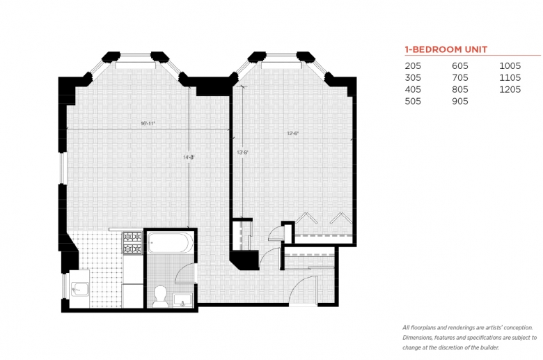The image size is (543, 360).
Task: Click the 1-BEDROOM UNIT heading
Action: point(446,49)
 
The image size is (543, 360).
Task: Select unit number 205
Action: point(413,66)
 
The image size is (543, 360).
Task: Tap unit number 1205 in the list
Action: point(510,89)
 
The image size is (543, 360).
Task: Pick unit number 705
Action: point(460,77)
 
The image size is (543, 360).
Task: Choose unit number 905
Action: point(460,101)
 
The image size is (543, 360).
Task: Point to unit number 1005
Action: point(510,66)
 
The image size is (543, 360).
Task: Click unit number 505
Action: point(413,101)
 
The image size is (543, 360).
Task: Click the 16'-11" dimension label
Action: point(148,123)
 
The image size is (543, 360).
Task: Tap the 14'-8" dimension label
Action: point(189,157)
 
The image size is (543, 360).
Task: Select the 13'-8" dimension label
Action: point(242,152)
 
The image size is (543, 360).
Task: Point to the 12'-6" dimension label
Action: point(292,133)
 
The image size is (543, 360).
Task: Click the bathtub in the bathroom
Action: point(171,242)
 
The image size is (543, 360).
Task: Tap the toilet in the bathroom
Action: point(160,295)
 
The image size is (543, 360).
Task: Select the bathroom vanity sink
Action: point(182,300)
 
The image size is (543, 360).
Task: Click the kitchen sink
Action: point(79,289)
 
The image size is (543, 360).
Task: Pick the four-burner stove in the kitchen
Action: point(133,243)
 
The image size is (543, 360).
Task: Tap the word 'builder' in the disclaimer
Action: point(489,347)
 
